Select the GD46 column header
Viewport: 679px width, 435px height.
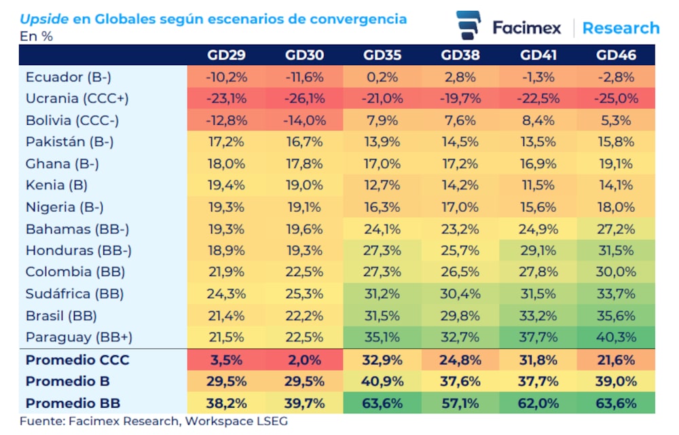pyautogui.click(x=616, y=55)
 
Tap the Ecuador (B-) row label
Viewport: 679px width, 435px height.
pyautogui.click(x=69, y=77)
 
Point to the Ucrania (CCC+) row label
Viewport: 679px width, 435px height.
pyautogui.click(x=77, y=98)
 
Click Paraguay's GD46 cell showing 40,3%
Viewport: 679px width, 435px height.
pyautogui.click(x=616, y=337)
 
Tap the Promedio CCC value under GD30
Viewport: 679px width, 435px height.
pyautogui.click(x=305, y=360)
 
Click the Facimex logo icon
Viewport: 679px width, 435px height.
pyautogui.click(x=469, y=26)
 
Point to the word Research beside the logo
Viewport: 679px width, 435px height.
pyautogui.click(x=621, y=28)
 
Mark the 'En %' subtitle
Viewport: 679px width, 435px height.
pyautogui.click(x=37, y=36)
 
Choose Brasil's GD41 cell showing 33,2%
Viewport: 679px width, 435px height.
pyautogui.click(x=539, y=315)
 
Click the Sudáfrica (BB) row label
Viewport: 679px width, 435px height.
pyautogui.click(x=75, y=294)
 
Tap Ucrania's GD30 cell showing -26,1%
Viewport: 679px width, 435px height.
pyautogui.click(x=305, y=98)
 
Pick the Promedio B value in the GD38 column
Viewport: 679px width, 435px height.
pyautogui.click(x=460, y=381)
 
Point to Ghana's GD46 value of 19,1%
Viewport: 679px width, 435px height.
pyautogui.click(x=616, y=164)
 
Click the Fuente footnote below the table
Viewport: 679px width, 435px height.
pyautogui.click(x=153, y=421)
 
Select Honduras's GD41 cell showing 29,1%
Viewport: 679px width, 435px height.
pyautogui.click(x=539, y=250)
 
